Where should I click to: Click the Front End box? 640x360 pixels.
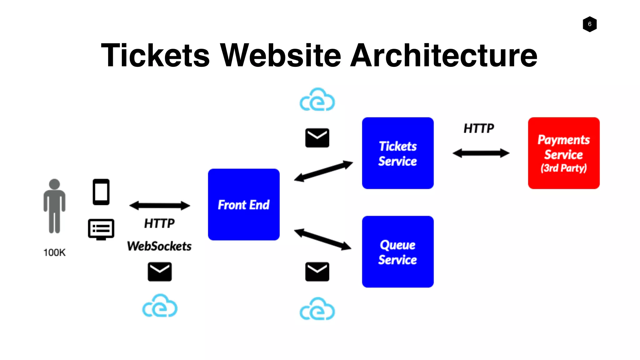pos(243,204)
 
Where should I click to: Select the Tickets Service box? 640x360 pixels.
pos(397,153)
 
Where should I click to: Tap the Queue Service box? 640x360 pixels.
pos(397,252)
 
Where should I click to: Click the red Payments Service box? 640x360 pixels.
pos(563,153)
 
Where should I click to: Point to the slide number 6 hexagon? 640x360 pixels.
pos(589,24)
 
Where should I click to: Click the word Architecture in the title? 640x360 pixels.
pos(444,55)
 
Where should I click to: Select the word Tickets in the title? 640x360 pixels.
pos(155,55)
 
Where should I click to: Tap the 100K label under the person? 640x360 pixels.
pos(54,252)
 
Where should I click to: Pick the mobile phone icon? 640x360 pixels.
pos(101,192)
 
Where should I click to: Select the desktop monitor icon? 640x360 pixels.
pos(101,229)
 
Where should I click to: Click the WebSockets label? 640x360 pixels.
pos(159,246)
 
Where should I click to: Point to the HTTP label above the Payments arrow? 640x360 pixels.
pos(478,128)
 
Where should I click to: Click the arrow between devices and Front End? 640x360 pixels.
pos(159,205)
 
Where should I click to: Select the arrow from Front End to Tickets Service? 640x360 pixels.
pos(323,171)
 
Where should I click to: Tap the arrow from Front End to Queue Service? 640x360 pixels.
pos(323,239)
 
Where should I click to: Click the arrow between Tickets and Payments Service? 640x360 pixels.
pos(481,153)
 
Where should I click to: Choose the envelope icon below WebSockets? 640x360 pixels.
pos(159,272)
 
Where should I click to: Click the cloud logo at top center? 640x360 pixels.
pos(317,100)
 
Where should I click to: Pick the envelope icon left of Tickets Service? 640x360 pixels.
pos(317,137)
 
